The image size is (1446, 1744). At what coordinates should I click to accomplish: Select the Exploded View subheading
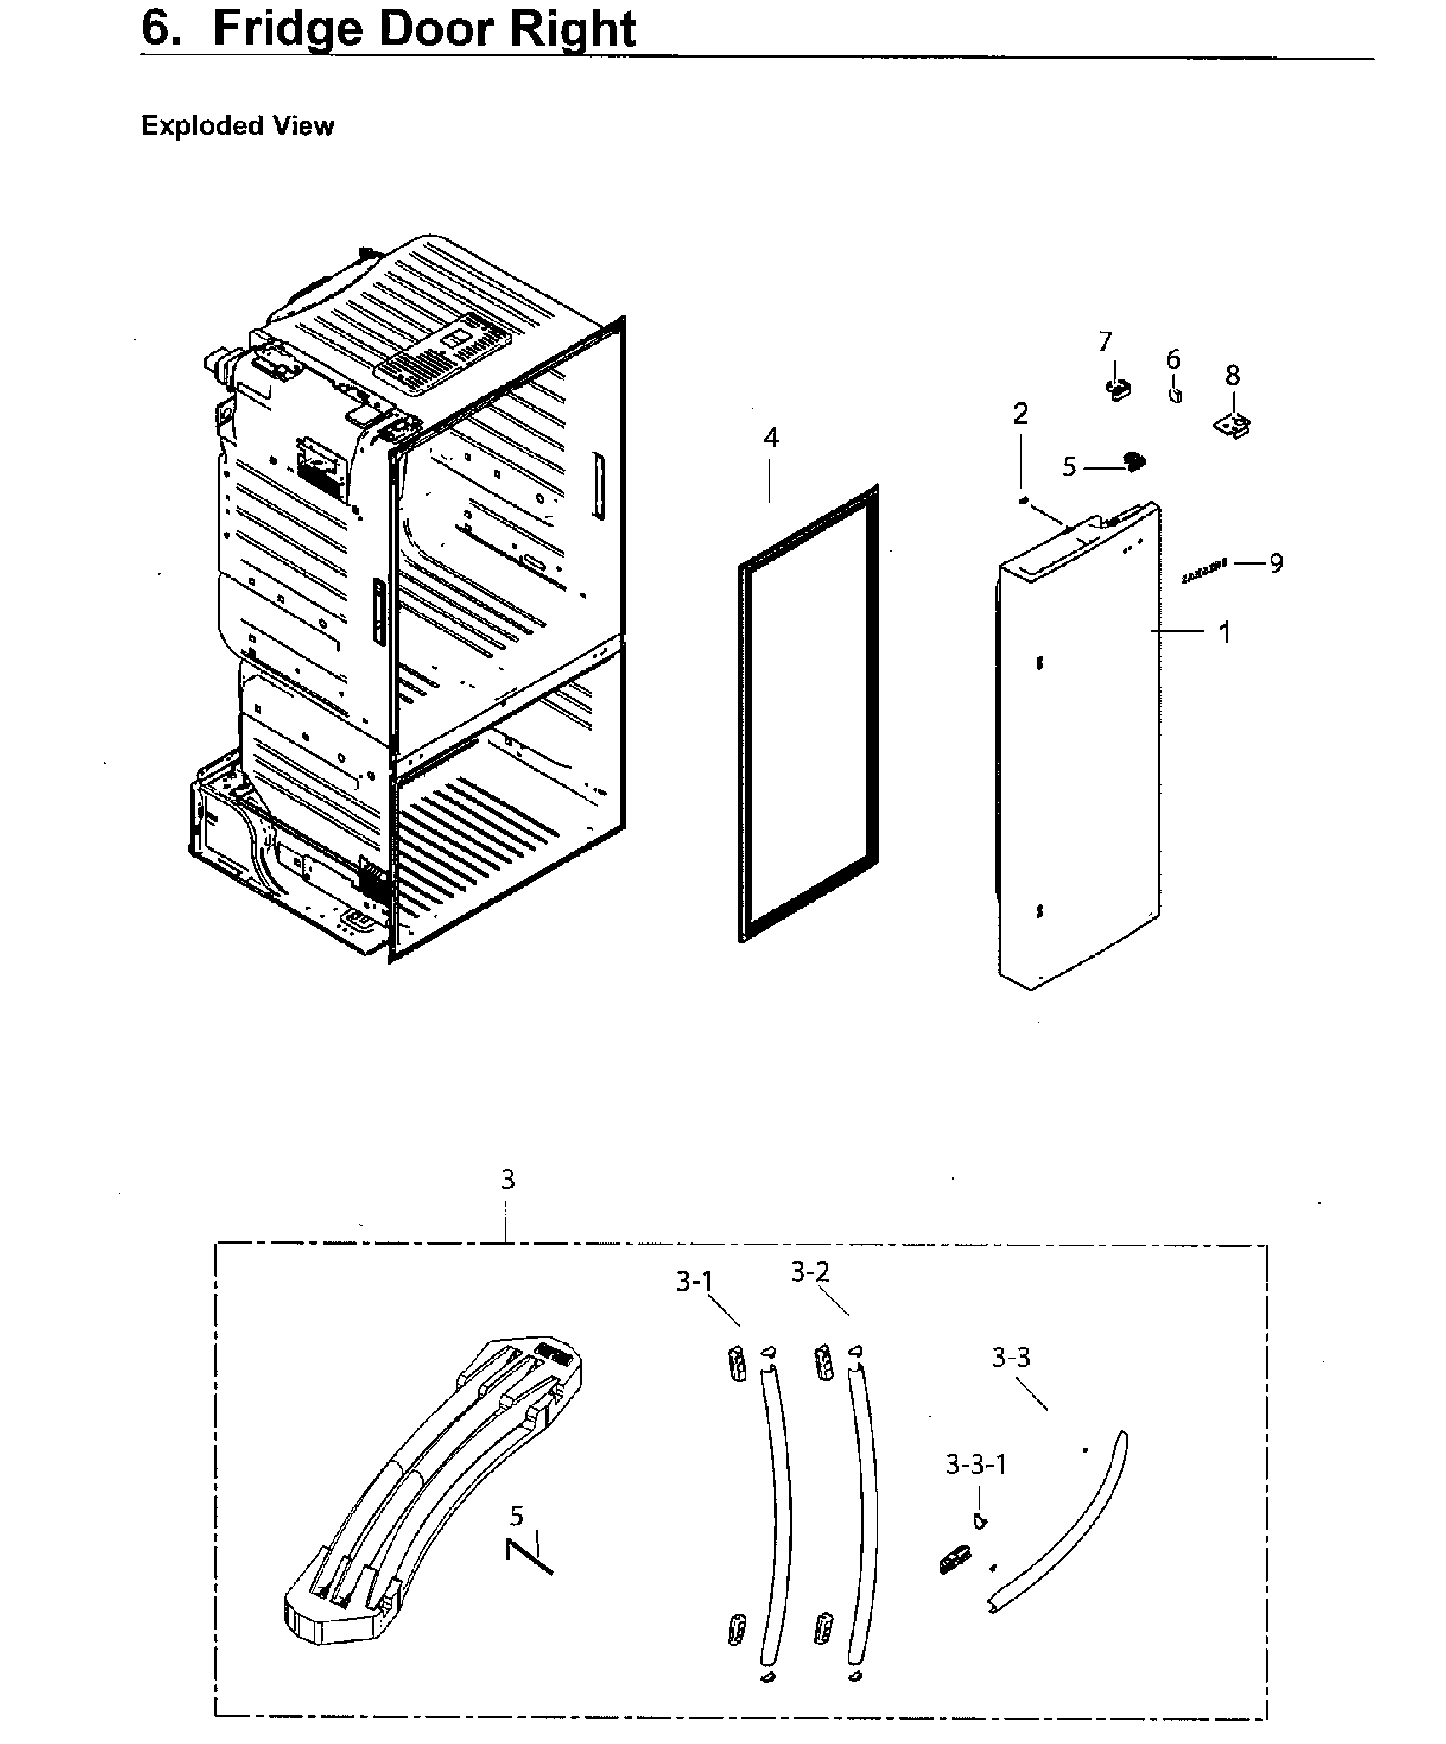(x=237, y=126)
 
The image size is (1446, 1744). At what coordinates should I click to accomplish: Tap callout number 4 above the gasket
(x=770, y=438)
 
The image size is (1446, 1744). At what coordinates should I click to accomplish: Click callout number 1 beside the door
(x=1225, y=632)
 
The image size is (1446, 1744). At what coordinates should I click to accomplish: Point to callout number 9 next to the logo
(x=1276, y=562)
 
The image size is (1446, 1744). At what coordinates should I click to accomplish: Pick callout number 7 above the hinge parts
(x=1105, y=342)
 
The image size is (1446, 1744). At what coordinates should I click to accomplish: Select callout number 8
(x=1232, y=375)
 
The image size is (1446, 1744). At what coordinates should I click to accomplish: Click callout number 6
(x=1173, y=360)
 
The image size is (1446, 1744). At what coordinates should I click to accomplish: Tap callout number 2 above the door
(x=1020, y=414)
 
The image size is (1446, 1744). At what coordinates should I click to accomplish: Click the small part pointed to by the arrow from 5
(x=1134, y=462)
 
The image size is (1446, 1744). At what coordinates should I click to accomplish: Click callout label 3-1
(x=694, y=1282)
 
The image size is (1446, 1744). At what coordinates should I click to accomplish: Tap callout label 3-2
(x=809, y=1272)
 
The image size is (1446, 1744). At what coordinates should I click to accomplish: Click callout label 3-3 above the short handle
(x=1010, y=1358)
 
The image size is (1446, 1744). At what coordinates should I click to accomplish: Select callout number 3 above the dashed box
(x=507, y=1180)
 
